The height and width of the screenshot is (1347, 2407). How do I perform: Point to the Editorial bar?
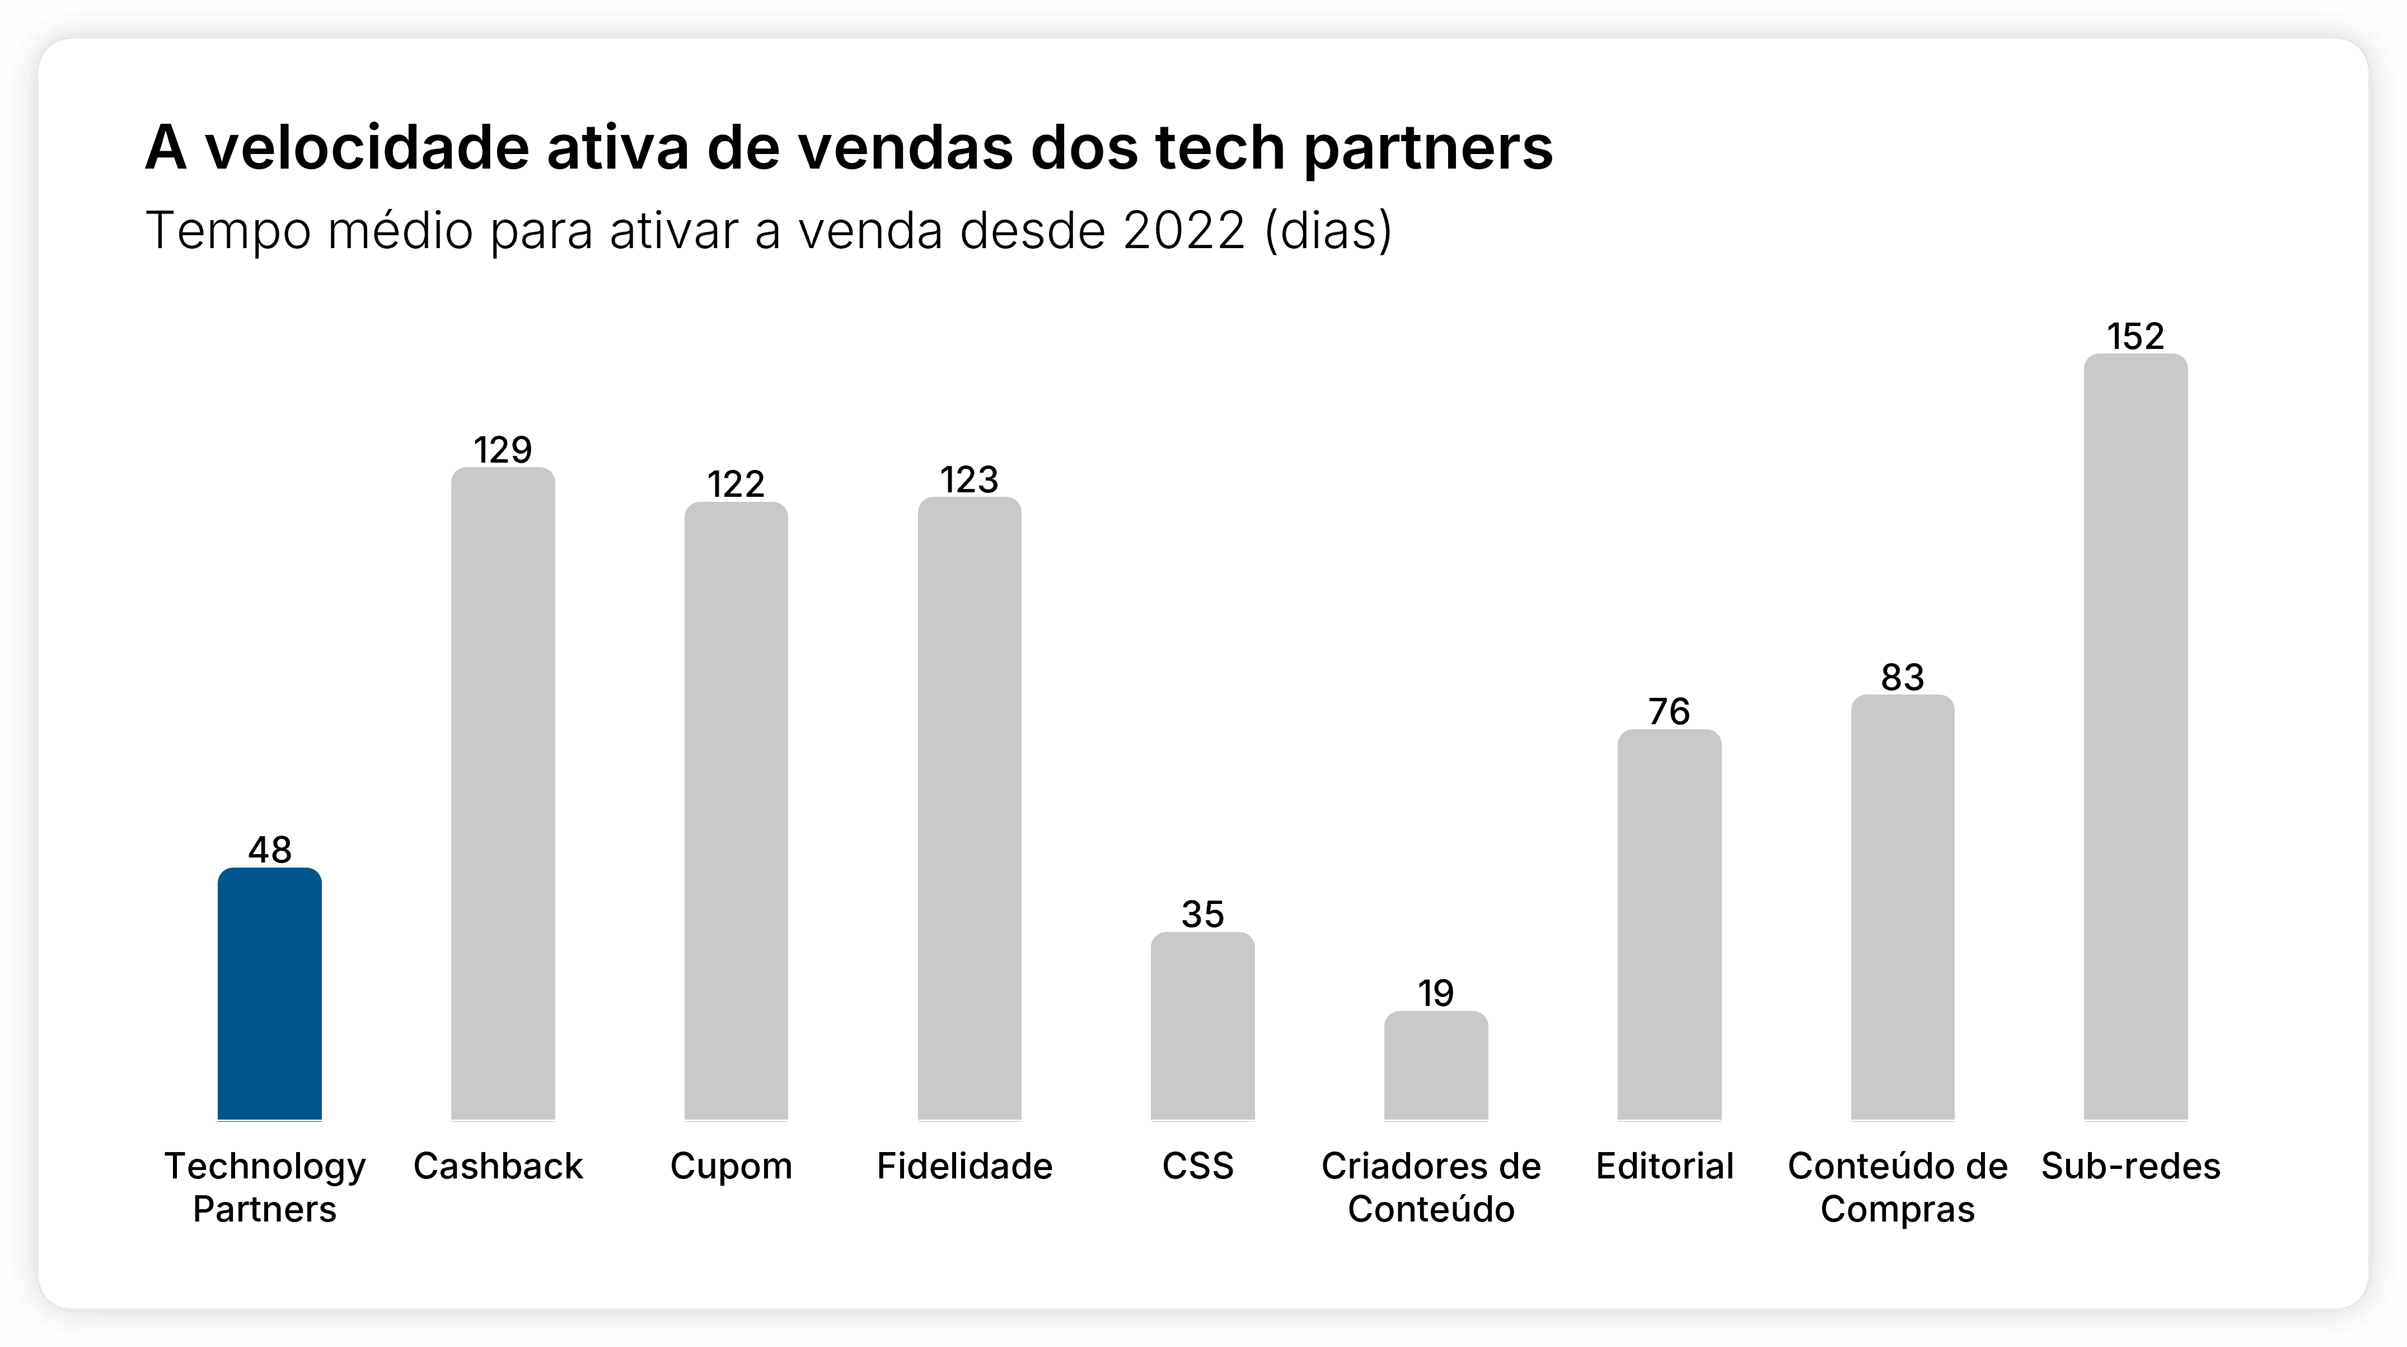point(1669,925)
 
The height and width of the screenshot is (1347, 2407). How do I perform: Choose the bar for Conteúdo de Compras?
point(1903,907)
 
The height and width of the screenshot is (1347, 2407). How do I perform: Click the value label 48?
point(269,850)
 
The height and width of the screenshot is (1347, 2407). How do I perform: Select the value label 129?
point(503,450)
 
